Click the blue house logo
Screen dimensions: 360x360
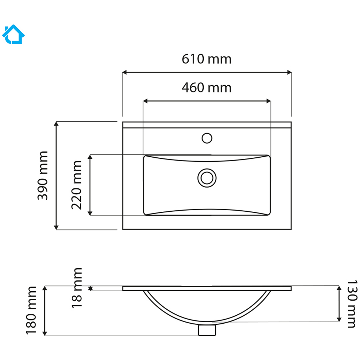coord(13,34)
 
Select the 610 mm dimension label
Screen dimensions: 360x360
coord(206,59)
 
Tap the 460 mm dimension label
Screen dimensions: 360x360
coord(206,88)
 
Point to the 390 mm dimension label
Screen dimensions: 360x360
coord(43,175)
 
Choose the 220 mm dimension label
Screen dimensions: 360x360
coord(76,185)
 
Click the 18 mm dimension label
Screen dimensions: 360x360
coord(77,288)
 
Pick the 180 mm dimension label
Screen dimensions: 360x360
coord(31,310)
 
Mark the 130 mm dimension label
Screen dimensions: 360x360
coord(352,304)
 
